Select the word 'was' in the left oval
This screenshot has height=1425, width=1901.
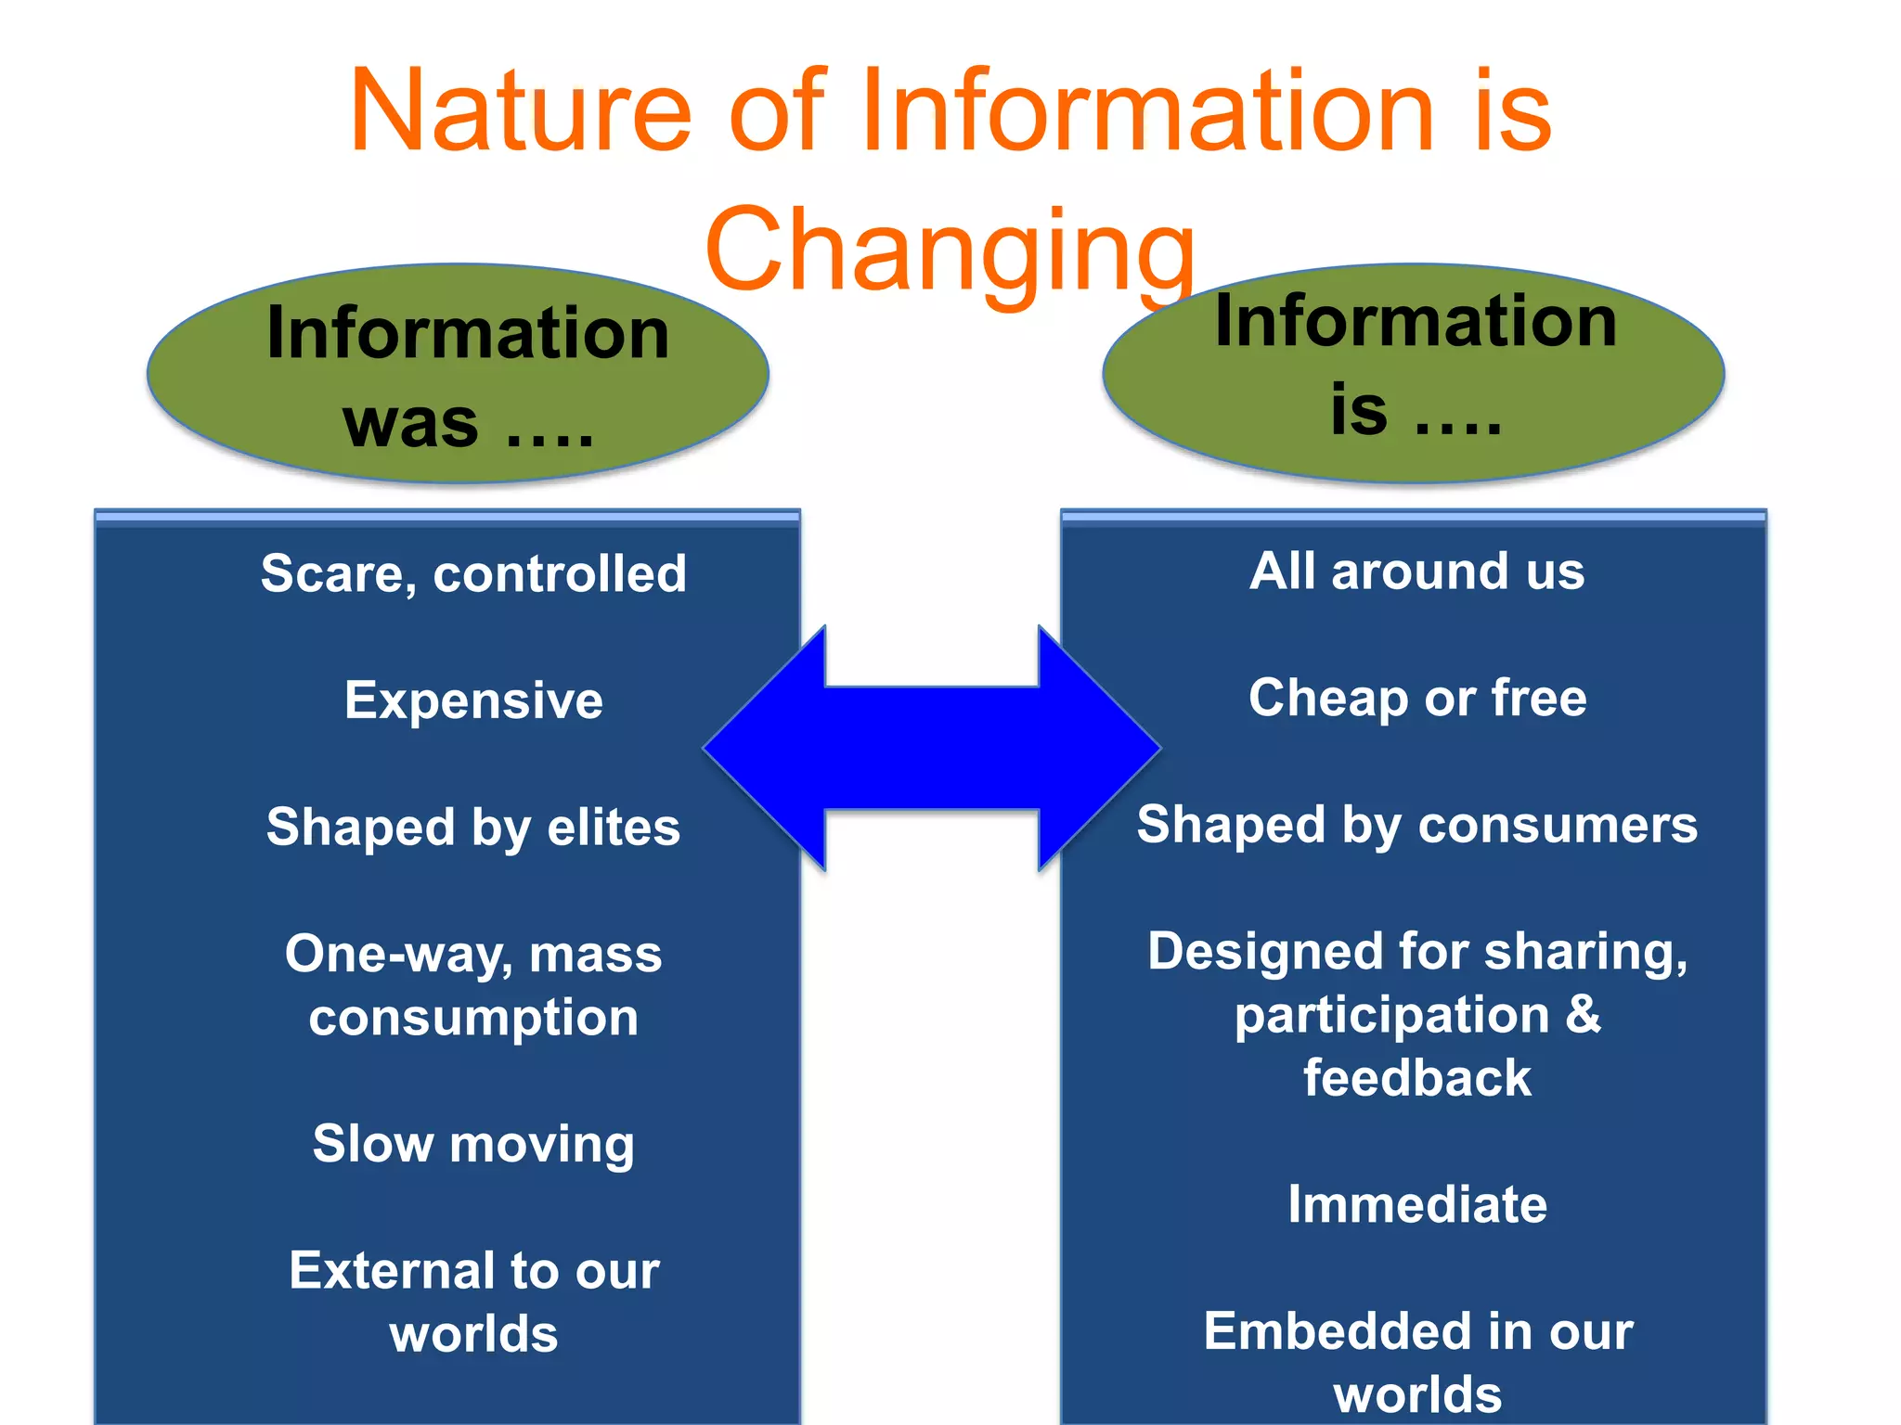pyautogui.click(x=410, y=423)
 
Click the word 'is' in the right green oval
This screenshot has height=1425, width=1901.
pyautogui.click(x=1358, y=410)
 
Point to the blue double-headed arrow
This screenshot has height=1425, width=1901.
pyautogui.click(x=932, y=748)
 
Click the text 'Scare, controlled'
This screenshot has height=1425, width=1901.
pyautogui.click(x=473, y=573)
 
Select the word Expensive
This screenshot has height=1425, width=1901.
pyautogui.click(x=473, y=700)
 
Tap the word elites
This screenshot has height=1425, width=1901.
pyautogui.click(x=614, y=827)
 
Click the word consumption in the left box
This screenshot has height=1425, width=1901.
pyautogui.click(x=473, y=1018)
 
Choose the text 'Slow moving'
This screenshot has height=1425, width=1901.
pyautogui.click(x=473, y=1143)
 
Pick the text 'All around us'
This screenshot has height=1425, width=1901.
pyautogui.click(x=1416, y=571)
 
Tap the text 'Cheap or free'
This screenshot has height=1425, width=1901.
pyautogui.click(x=1416, y=698)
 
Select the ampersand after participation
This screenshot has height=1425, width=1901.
pyautogui.click(x=1584, y=1014)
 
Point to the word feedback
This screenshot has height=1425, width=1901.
pyautogui.click(x=1416, y=1078)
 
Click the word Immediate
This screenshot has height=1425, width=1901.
pyautogui.click(x=1416, y=1204)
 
